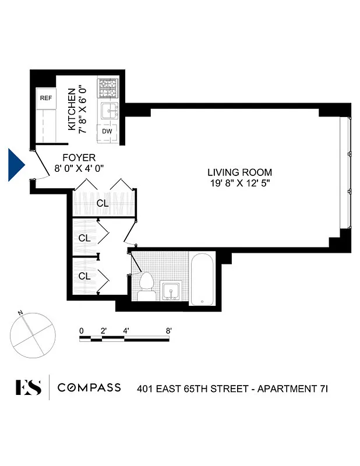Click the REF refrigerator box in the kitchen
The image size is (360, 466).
pos(45,98)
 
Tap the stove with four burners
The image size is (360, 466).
pos(108,89)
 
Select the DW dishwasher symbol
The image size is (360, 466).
pos(107,132)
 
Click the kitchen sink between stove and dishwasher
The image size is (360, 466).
pos(108,111)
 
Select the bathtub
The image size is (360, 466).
pos(202,280)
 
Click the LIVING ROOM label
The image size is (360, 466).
pos(239,172)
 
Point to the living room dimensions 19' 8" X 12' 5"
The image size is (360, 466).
pos(239,183)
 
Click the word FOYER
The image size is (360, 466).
pos(79,158)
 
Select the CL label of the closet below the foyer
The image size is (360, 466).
pos(103,204)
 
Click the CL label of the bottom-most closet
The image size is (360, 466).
pos(84,276)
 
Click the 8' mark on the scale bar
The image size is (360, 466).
pos(168,331)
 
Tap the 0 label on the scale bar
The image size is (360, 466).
pos(82,331)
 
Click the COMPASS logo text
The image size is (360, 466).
pos(89,387)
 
